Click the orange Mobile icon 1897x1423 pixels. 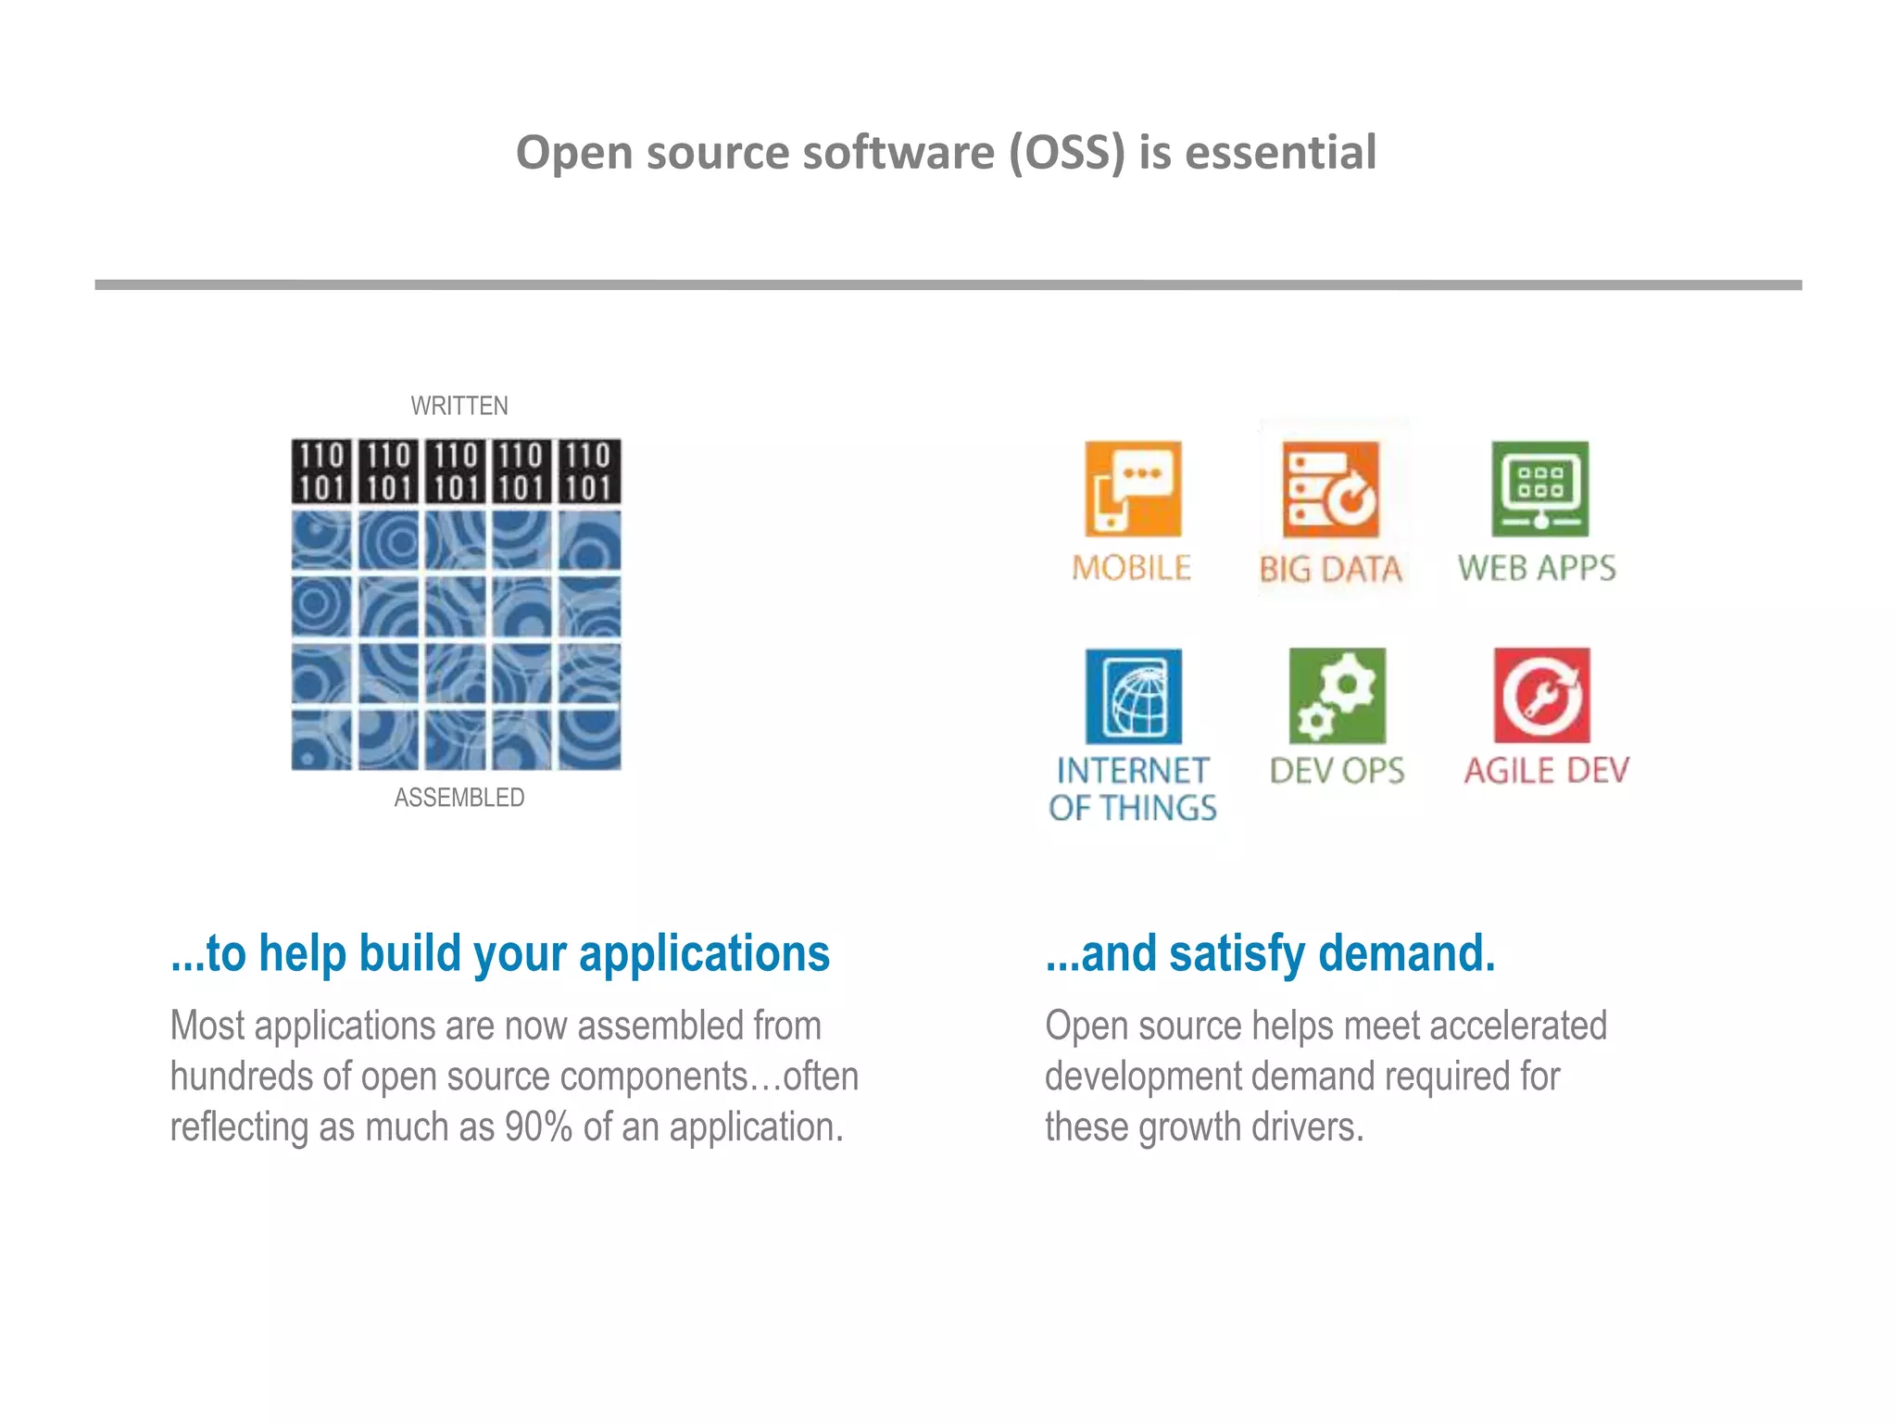coord(1133,488)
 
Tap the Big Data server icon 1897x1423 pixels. coord(1330,489)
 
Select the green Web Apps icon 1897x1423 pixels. coord(1539,488)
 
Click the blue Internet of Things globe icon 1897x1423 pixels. coord(1134,696)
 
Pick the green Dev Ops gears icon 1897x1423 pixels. coord(1338,696)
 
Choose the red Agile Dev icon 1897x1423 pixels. coord(1541,696)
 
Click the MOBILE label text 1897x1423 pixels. coord(1131,568)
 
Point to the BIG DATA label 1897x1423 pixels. coord(1330,569)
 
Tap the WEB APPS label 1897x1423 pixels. coord(1537,568)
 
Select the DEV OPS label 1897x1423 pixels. coord(1337,771)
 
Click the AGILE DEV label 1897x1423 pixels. coord(1546,771)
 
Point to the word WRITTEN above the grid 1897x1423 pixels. coord(459,406)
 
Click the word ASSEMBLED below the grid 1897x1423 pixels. coord(459,798)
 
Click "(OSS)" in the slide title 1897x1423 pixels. coord(1066,152)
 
